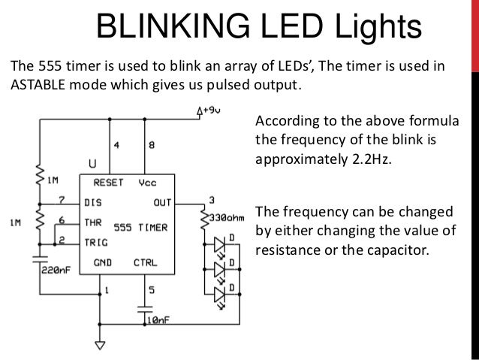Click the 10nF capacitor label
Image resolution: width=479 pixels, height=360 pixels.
158,320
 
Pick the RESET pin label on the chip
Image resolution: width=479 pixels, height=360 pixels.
109,182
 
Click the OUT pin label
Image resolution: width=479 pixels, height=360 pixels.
161,201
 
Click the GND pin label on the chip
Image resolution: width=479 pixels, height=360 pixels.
103,263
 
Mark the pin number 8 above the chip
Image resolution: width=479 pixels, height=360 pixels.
152,146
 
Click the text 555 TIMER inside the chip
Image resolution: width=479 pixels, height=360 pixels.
140,226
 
